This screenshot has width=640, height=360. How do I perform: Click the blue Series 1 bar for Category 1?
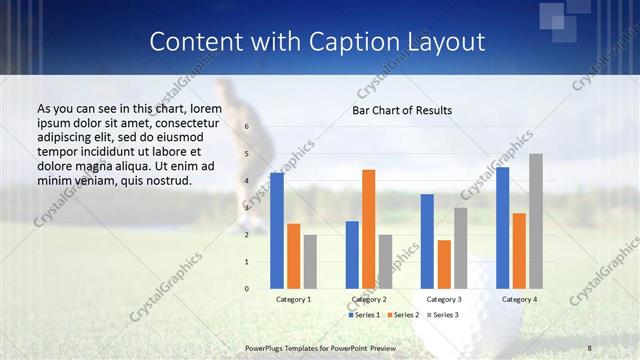[x=276, y=231]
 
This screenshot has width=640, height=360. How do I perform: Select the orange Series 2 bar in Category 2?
[x=368, y=229]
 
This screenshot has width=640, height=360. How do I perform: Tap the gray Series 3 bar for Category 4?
[x=536, y=221]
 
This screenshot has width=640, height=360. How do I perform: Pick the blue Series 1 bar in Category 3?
[x=427, y=241]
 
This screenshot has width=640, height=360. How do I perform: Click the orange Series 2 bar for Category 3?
[x=444, y=264]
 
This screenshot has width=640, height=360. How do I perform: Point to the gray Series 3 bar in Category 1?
[x=310, y=262]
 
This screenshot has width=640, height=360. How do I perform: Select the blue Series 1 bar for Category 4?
[x=502, y=228]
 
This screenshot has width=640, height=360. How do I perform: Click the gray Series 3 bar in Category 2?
[x=386, y=262]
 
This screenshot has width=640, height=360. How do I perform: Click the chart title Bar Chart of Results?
[x=402, y=110]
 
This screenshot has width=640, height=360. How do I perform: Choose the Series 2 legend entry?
[x=403, y=315]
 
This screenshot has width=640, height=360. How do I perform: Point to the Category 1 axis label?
[x=293, y=299]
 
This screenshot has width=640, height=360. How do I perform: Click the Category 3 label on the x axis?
[x=444, y=299]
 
